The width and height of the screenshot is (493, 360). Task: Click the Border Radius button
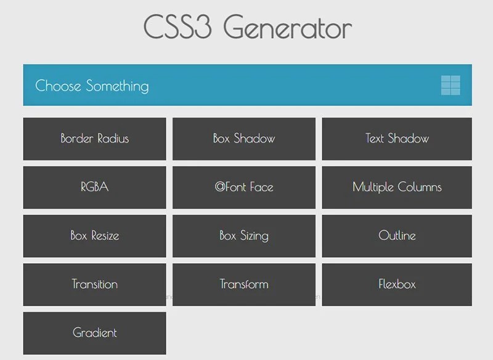[94, 139]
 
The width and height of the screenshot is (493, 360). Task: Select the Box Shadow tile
[244, 139]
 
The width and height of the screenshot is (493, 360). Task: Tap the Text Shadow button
[397, 139]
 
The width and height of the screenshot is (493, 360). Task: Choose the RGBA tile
[94, 187]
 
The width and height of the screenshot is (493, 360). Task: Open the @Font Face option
[244, 187]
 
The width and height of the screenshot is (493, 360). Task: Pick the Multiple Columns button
[397, 187]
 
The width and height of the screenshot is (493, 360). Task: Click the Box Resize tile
[94, 235]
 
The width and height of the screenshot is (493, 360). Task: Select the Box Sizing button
[244, 235]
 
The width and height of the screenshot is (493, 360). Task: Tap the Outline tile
[397, 235]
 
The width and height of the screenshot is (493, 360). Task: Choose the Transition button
[94, 284]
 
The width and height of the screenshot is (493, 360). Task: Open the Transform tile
[244, 284]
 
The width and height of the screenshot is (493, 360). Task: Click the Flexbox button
[397, 284]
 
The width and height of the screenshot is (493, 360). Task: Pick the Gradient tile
[94, 333]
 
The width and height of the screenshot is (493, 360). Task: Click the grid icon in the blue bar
[450, 85]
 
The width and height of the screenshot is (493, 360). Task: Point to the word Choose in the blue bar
[59, 86]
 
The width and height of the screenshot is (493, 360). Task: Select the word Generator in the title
[288, 28]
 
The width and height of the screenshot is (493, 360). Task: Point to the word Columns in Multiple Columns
[419, 187]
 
